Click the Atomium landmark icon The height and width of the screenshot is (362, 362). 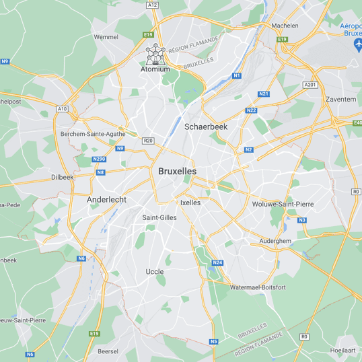pyautogui.click(x=155, y=53)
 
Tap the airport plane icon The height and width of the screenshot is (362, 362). pyautogui.click(x=357, y=44)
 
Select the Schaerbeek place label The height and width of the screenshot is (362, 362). pyautogui.click(x=206, y=126)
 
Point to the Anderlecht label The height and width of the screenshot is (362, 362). pyautogui.click(x=106, y=200)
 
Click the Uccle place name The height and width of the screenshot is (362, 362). pyautogui.click(x=154, y=272)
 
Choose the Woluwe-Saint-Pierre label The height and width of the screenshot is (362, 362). pyautogui.click(x=283, y=204)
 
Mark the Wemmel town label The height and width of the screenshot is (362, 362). pyautogui.click(x=106, y=37)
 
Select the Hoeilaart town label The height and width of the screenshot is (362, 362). pyautogui.click(x=343, y=351)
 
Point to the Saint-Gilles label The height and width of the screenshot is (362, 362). pyautogui.click(x=159, y=217)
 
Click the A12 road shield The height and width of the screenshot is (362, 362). pyautogui.click(x=153, y=5)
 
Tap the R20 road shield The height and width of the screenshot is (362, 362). pyautogui.click(x=149, y=140)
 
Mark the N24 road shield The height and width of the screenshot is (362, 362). pyautogui.click(x=217, y=262)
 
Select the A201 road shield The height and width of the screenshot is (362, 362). pyautogui.click(x=310, y=84)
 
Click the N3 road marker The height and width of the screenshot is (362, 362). pyautogui.click(x=302, y=220)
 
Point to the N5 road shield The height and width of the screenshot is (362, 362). pyautogui.click(x=213, y=341)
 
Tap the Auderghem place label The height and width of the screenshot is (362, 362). pyautogui.click(x=275, y=241)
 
